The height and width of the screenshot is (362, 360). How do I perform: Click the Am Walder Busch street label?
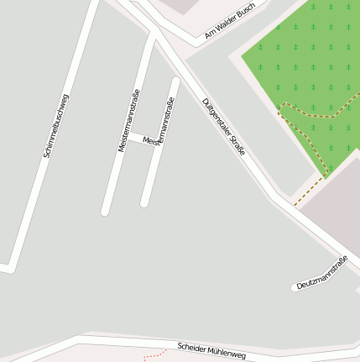click(x=229, y=22)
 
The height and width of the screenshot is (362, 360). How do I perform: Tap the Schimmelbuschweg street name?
click(x=56, y=126)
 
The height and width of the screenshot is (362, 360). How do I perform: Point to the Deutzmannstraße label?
click(x=322, y=274)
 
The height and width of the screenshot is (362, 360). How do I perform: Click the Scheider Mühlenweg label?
click(x=211, y=351)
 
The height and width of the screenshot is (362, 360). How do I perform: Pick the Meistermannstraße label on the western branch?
click(x=128, y=120)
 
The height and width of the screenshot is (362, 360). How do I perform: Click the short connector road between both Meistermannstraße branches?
click(x=137, y=136)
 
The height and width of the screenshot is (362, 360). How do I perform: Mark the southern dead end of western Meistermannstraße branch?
click(x=106, y=211)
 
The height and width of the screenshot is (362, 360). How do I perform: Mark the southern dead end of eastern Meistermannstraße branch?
click(x=145, y=202)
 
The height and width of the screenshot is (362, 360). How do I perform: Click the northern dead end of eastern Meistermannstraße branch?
click(x=175, y=81)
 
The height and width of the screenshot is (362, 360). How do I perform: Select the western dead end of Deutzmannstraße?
click(x=295, y=287)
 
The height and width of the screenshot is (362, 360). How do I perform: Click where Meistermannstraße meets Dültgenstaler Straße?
click(x=154, y=37)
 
